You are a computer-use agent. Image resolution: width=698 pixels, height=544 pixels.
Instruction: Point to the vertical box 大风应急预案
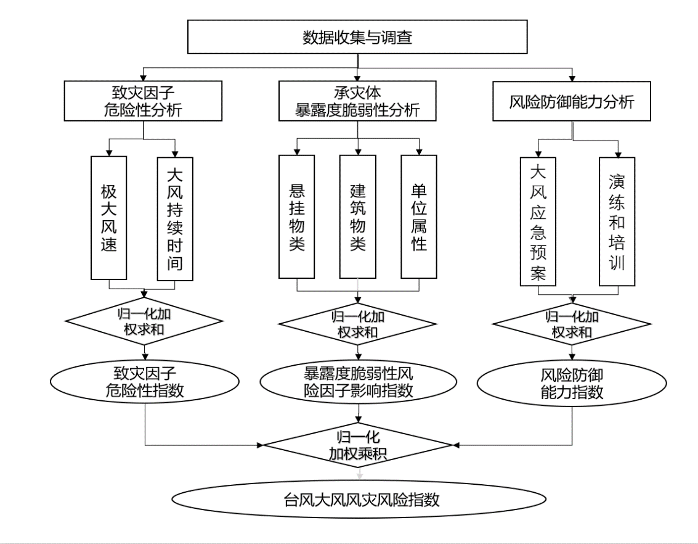[x=538, y=221]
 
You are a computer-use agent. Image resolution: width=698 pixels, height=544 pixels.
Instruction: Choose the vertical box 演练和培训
[x=617, y=221]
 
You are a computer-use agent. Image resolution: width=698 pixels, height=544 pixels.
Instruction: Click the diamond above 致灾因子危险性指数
[x=144, y=320]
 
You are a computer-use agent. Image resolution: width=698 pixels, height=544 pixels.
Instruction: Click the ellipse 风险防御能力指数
[x=573, y=383]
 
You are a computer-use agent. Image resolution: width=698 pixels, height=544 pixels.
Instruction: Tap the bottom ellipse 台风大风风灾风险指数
[x=359, y=499]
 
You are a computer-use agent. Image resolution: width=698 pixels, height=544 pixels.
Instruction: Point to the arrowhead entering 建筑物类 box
[x=358, y=151]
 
